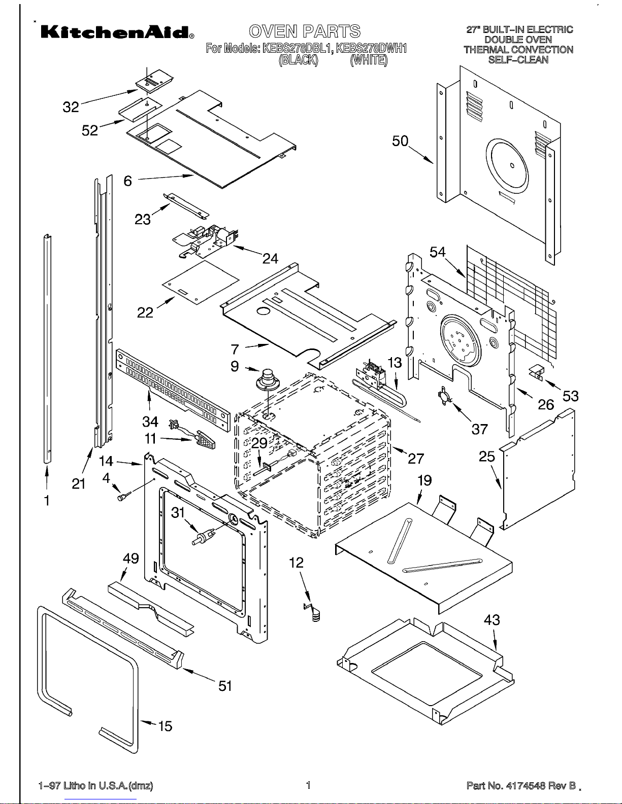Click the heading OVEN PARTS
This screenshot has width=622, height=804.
[304, 31]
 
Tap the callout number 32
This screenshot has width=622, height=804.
[71, 108]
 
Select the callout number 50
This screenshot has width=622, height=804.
[400, 141]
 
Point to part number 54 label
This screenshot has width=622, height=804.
[438, 252]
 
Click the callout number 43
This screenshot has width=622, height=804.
[492, 620]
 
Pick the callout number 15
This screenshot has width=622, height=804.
[165, 726]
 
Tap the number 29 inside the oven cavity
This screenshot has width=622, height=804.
[259, 443]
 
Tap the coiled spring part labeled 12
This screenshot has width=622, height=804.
[313, 612]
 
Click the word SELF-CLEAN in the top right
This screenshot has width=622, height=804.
[518, 59]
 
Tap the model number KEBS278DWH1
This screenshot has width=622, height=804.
[371, 49]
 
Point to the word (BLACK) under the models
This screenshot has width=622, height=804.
[298, 59]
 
